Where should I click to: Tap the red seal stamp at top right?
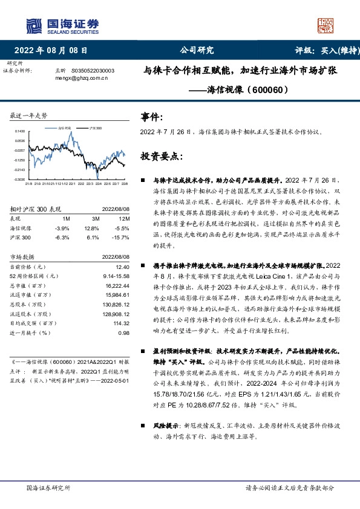[327, 25]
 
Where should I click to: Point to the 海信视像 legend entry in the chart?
[64, 129]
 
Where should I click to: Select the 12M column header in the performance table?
[125, 218]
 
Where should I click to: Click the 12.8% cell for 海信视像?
[92, 228]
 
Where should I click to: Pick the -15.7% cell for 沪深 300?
[122, 238]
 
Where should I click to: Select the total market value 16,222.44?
[117, 284]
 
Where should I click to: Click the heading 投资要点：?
[162, 156]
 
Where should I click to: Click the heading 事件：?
[151, 116]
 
